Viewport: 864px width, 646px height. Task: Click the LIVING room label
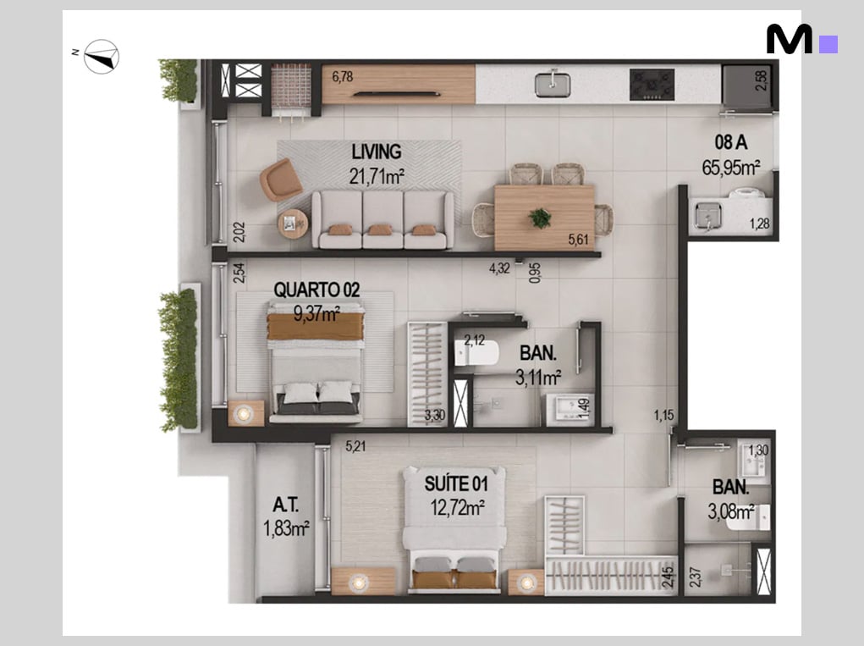[x=377, y=152]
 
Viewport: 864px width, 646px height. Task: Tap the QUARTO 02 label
[x=316, y=290]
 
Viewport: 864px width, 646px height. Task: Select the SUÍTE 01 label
[x=456, y=484]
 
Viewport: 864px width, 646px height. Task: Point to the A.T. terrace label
[x=285, y=505]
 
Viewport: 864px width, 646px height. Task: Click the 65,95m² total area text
[x=730, y=167]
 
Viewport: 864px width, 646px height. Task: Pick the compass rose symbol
[x=102, y=56]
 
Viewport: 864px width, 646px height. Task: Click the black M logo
[x=789, y=39]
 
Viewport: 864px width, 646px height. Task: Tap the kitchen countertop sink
[x=552, y=84]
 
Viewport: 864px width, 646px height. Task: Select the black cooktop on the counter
[x=652, y=85]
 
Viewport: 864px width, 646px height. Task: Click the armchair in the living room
[x=280, y=179]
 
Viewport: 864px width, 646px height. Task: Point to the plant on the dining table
[x=540, y=218]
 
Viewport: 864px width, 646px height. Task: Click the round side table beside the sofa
[x=293, y=224]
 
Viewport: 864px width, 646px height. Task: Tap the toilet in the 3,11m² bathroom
[x=476, y=353]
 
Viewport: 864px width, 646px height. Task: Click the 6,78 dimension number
[x=342, y=76]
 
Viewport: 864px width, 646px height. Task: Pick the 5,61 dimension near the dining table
[x=578, y=240]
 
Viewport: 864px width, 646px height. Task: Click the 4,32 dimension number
[x=499, y=268]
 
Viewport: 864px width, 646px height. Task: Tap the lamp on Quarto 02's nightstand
[x=243, y=413]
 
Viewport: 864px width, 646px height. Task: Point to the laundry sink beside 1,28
[x=707, y=216]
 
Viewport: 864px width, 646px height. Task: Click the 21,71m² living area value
[x=377, y=176]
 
